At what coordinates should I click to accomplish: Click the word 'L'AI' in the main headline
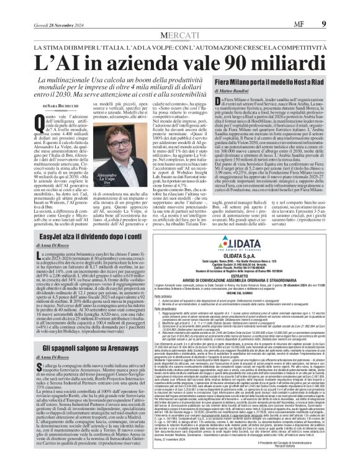[x=57, y=45]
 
